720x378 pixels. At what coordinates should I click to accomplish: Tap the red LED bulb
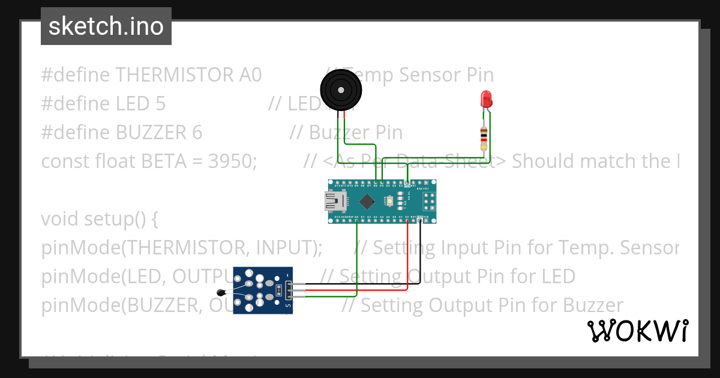point(486,98)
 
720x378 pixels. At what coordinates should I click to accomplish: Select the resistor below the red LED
point(484,139)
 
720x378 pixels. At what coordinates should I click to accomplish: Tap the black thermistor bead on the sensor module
point(221,292)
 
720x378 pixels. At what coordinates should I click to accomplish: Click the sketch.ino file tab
point(106,26)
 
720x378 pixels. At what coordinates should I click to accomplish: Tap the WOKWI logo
point(637,331)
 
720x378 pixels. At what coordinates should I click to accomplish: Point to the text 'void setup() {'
point(100,219)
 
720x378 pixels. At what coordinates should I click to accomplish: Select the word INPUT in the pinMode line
point(286,248)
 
